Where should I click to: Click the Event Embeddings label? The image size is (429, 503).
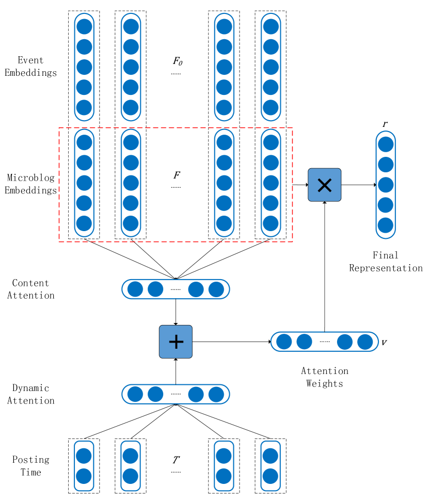(x=30, y=67)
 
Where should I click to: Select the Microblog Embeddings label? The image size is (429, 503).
(x=30, y=184)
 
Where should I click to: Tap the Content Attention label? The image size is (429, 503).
(x=30, y=289)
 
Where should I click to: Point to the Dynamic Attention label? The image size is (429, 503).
(x=30, y=394)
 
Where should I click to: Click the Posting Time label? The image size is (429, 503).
(x=30, y=466)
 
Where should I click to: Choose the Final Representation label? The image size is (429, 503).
(x=386, y=262)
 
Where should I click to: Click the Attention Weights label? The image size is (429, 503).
(x=324, y=377)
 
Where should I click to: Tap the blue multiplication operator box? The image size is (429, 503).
(x=324, y=185)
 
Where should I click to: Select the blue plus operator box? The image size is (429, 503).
(x=176, y=342)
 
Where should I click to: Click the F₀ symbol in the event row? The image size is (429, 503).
(x=178, y=61)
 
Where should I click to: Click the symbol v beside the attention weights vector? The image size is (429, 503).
(x=385, y=343)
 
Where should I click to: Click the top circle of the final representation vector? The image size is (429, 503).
(x=386, y=144)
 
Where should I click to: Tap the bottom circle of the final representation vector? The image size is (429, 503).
(x=386, y=225)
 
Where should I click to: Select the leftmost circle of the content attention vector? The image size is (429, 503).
(x=135, y=289)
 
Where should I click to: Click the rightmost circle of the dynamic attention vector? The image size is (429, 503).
(x=216, y=395)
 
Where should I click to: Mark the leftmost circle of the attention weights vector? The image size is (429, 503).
(x=284, y=342)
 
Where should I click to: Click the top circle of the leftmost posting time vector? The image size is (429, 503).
(x=84, y=456)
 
